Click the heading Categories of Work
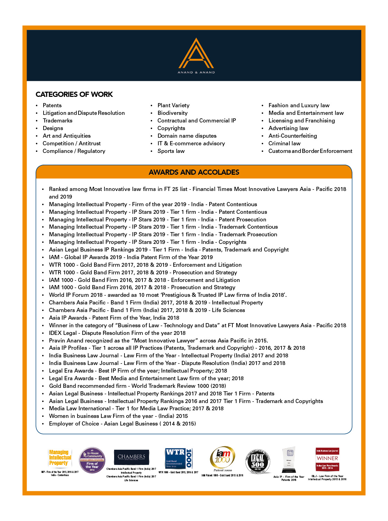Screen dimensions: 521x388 [74, 94]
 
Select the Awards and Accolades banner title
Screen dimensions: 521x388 [194, 172]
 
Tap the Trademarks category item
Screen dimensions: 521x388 [57, 121]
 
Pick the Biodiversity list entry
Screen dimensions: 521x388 [172, 113]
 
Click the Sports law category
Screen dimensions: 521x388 [171, 151]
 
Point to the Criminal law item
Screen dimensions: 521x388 [284, 144]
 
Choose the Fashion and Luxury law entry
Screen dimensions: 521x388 [299, 106]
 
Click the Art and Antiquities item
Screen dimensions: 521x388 [66, 136]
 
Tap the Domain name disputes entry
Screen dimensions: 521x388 [187, 136]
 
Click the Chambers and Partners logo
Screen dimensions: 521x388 [131, 457]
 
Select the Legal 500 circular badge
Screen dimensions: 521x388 [258, 461]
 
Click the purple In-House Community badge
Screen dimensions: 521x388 [92, 460]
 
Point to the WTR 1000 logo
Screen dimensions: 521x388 [178, 458]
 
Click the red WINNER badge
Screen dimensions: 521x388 [327, 459]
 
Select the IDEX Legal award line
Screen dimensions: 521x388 [117, 333]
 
